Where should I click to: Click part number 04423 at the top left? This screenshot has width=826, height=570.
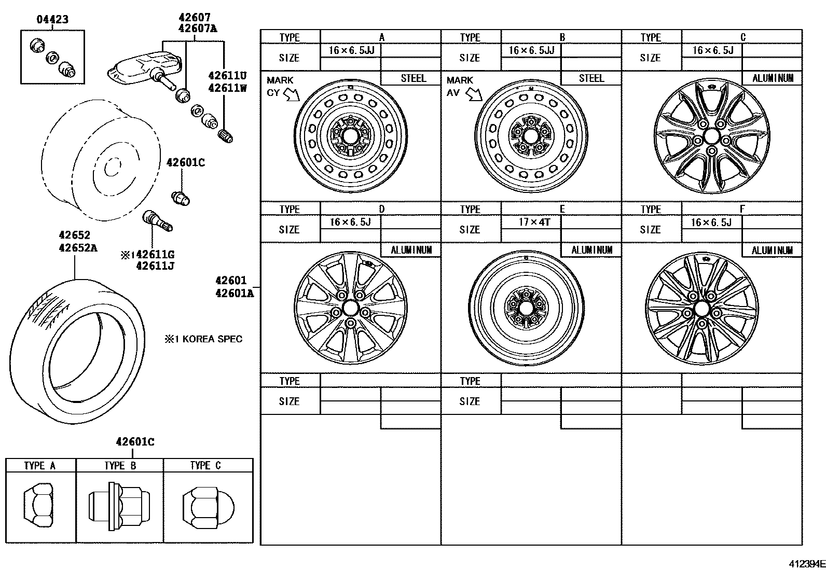point(52,20)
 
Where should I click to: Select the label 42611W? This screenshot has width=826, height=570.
point(227,88)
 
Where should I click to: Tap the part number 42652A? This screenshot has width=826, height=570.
point(78,248)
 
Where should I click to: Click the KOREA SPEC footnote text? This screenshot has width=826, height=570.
point(203,339)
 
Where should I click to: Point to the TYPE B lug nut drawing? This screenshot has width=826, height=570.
point(119,507)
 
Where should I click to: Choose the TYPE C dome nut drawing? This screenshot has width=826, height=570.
point(208,507)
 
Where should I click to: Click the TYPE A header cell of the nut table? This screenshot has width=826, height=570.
point(40,465)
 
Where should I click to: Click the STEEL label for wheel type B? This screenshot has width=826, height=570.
point(591,78)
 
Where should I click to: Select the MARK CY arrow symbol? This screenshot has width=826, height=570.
point(292,94)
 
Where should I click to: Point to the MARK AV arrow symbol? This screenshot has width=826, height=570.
point(474,94)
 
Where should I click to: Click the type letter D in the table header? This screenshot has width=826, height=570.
point(381,209)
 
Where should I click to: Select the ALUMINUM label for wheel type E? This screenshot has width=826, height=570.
point(591,250)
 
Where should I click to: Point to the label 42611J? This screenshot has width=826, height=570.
point(155,266)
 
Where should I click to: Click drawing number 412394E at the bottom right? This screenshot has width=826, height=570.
point(807,563)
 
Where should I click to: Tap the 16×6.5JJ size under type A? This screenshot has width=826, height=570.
point(351,50)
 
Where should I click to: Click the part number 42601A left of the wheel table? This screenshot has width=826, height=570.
point(235,293)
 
